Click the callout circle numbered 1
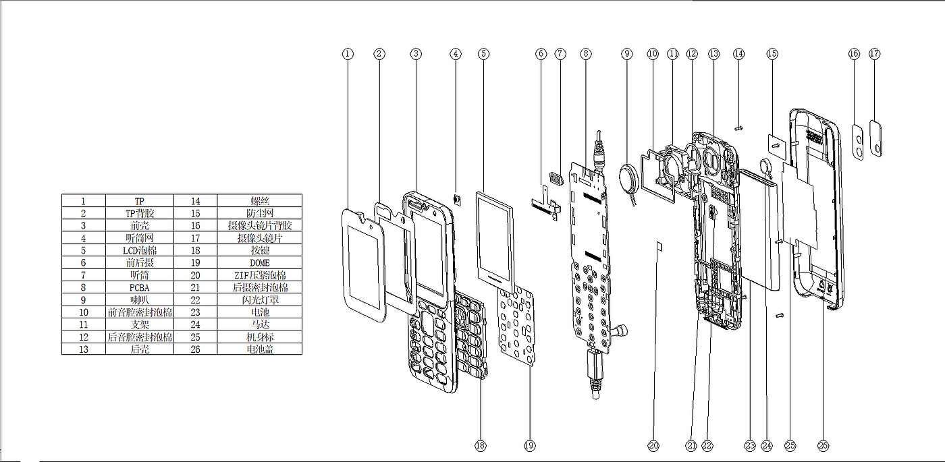pos(348,53)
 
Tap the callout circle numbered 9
pos(627,53)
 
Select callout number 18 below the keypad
pos(480,445)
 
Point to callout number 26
pos(822,445)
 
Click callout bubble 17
pos(875,53)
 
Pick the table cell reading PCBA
pos(139,287)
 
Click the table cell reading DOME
pos(259,262)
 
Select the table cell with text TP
pos(139,201)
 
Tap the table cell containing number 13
pos(83,349)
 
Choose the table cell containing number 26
pos(196,349)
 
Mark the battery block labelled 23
pos(761,229)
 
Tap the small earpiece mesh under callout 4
pos(456,200)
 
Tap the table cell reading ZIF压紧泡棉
pos(259,275)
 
